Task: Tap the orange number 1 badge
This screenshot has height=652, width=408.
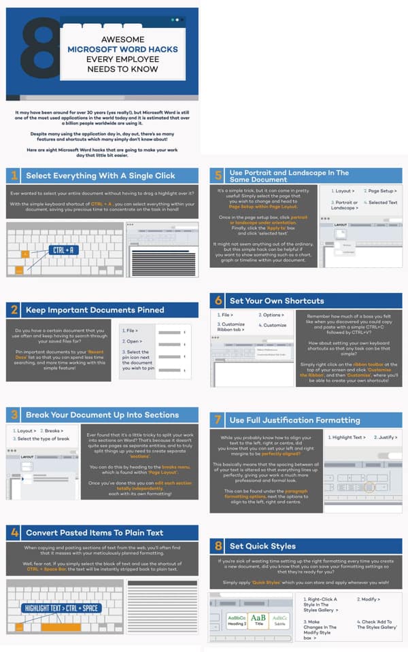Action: tap(14, 176)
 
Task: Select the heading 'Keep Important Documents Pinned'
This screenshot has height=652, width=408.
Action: tap(95, 310)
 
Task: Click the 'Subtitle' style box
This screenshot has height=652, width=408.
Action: tap(279, 619)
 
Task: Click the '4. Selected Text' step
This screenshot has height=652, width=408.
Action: tap(382, 203)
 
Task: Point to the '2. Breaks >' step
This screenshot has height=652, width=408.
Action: tap(54, 430)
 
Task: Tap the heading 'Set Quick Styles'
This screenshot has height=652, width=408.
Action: tap(263, 546)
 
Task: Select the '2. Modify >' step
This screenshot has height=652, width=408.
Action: tap(369, 600)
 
